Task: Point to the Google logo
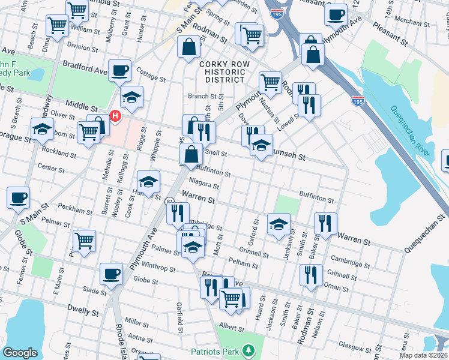point(20,353)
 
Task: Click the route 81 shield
point(170,202)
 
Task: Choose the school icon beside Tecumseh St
point(261,145)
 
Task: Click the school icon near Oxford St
point(278,224)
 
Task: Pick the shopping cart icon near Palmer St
point(84,240)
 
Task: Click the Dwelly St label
point(83,312)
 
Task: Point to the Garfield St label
point(179,318)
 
